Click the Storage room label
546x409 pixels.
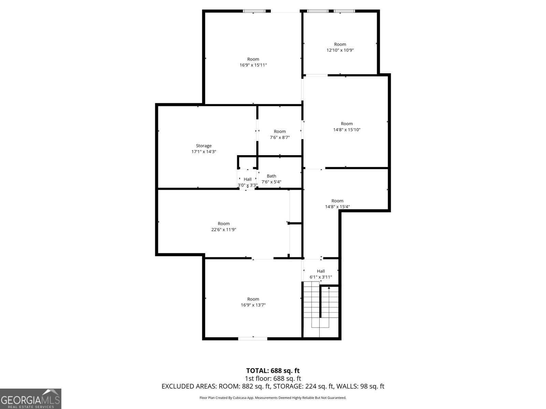204,146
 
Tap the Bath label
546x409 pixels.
271,176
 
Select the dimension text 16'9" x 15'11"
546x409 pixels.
253,65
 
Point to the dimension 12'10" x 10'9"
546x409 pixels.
340,50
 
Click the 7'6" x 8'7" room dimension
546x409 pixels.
279,137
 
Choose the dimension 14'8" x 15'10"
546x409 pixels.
347,130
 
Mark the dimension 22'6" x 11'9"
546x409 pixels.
224,230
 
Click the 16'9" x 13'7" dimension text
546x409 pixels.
253,305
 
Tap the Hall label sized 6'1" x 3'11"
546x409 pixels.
321,271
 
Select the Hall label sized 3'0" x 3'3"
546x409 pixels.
247,179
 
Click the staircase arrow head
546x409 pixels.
329,288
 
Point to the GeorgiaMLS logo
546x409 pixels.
30,398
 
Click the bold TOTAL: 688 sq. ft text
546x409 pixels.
273,370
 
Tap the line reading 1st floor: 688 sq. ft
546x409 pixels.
273,378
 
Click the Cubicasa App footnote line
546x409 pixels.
273,398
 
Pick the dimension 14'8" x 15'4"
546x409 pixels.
337,207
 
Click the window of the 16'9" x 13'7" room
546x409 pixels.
253,338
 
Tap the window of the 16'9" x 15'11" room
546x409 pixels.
254,11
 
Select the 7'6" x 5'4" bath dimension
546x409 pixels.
271,182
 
